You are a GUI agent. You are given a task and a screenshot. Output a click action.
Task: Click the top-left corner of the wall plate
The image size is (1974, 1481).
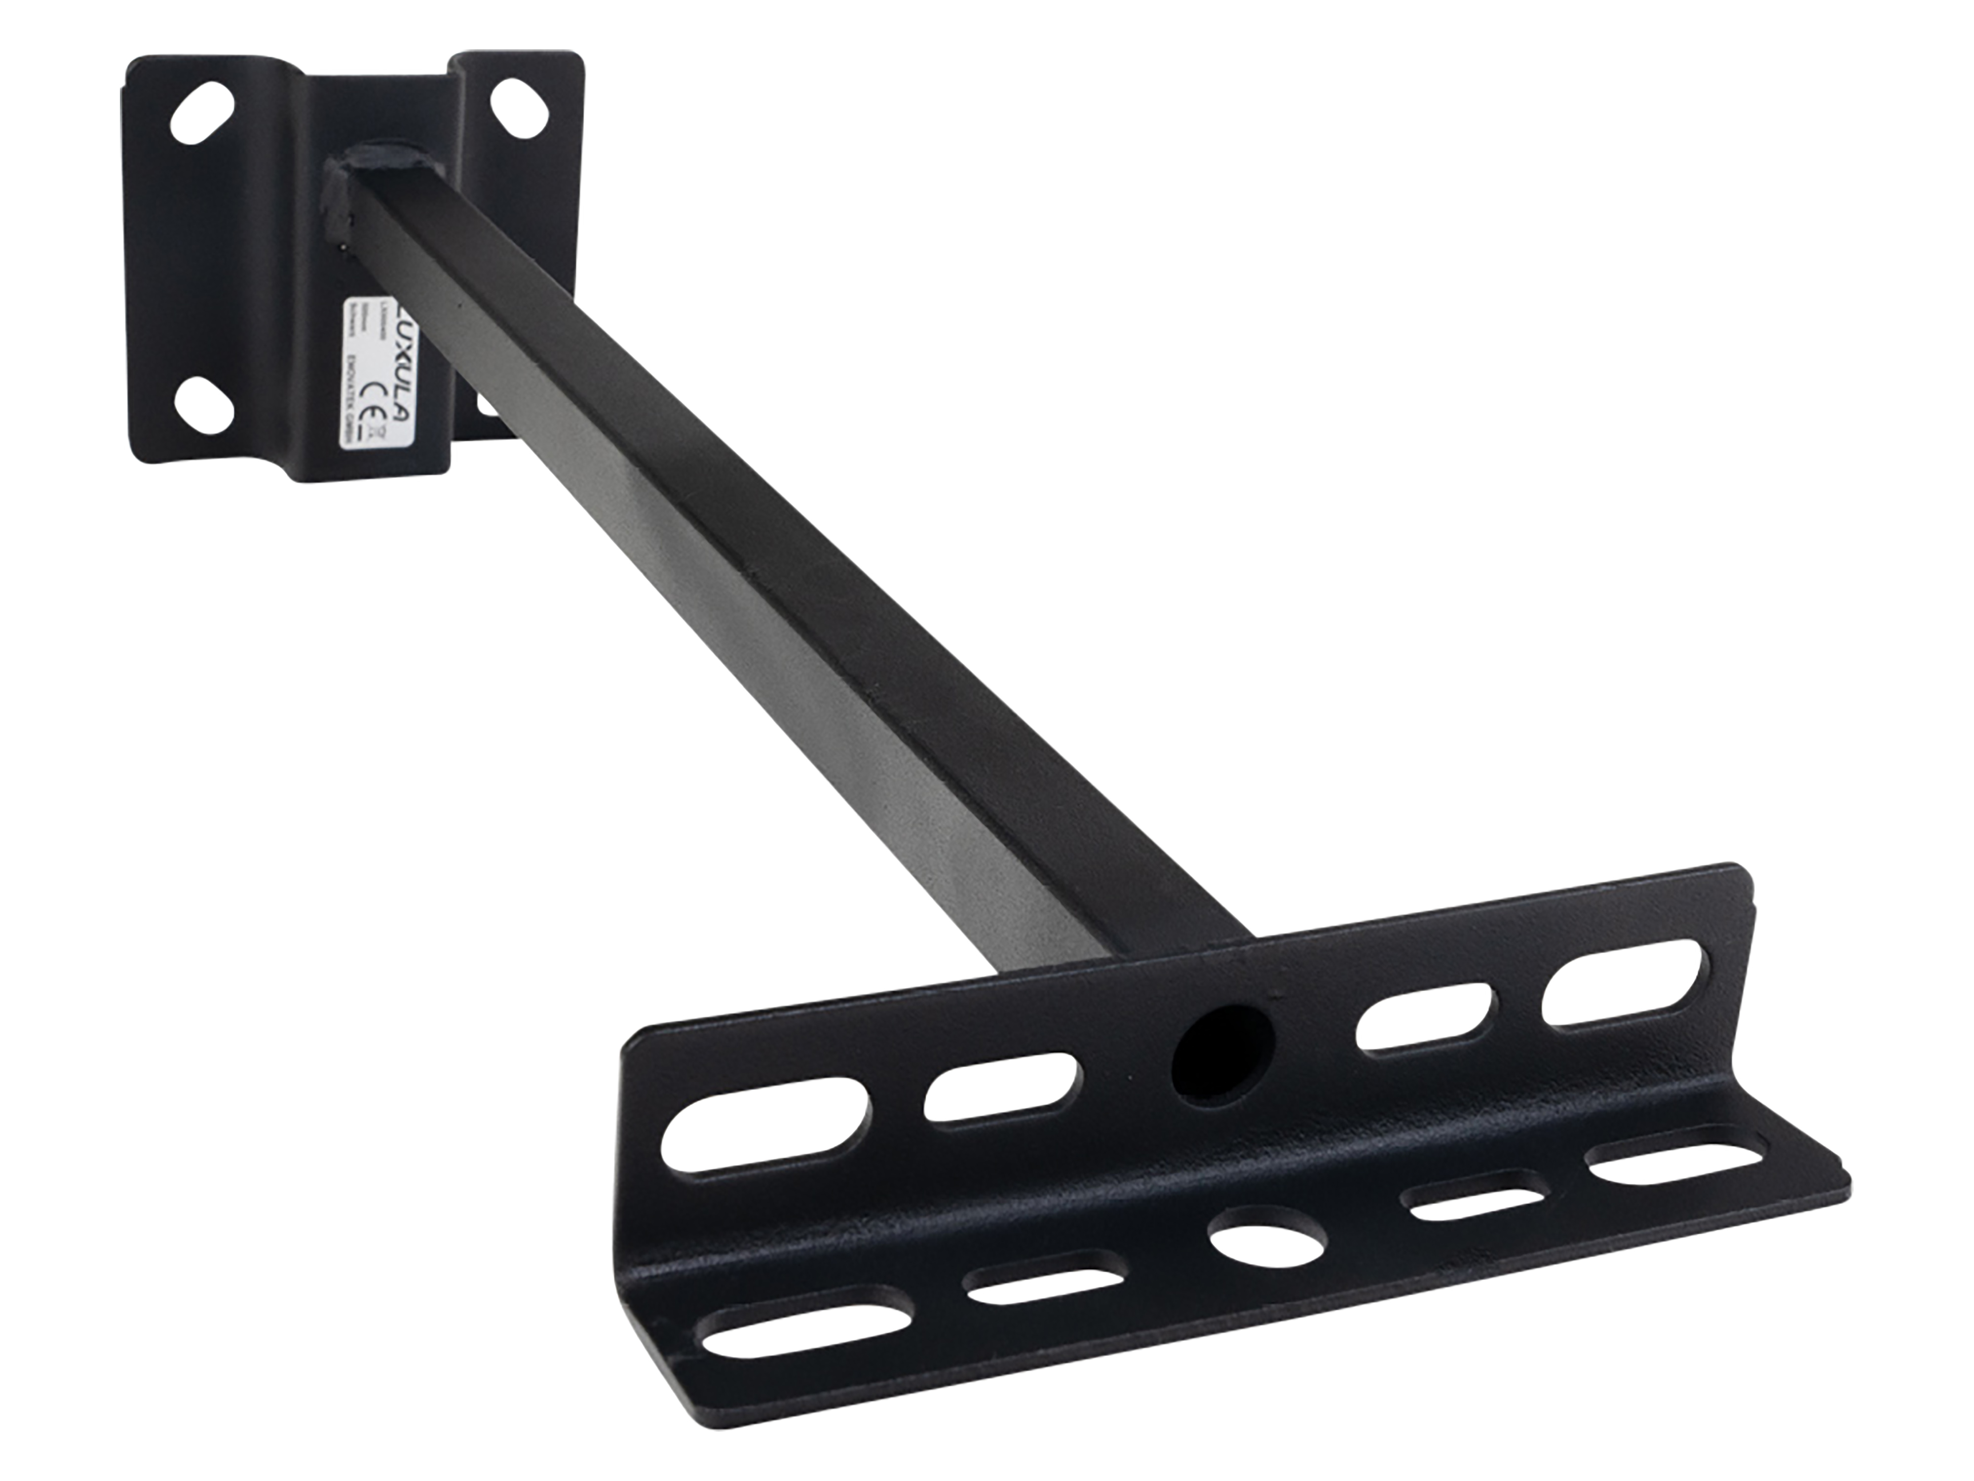point(134,64)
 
